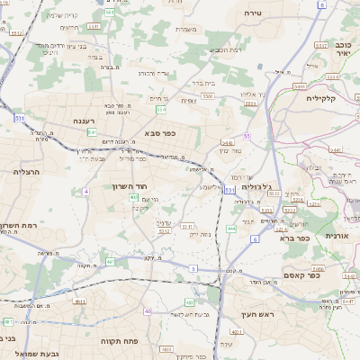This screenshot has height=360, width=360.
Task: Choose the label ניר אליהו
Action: pos(255,94)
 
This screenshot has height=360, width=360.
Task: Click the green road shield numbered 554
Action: pos(161,109)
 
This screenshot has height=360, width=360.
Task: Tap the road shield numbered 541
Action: pos(92,131)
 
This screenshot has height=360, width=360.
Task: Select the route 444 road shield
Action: pos(231,229)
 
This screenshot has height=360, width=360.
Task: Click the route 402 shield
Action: pos(134,197)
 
